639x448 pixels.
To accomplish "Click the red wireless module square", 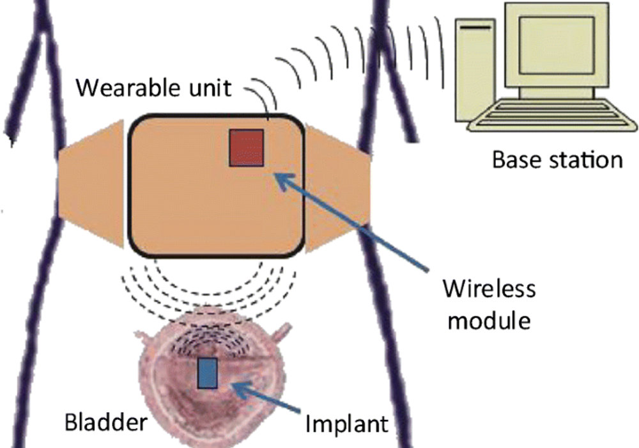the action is click(246, 148).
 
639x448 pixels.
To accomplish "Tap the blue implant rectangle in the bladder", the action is click(208, 373).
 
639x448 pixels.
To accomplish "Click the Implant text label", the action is click(347, 425).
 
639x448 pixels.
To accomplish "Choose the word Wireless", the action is click(489, 289).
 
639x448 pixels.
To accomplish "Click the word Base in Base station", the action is click(517, 160).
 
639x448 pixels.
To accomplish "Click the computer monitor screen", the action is click(557, 45).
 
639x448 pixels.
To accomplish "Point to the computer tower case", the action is click(475, 70).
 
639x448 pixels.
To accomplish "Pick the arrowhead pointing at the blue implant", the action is click(242, 390).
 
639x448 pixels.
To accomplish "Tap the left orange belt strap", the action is click(91, 184).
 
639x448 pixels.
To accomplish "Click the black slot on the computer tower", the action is click(475, 28).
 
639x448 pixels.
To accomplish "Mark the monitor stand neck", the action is click(557, 93).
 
